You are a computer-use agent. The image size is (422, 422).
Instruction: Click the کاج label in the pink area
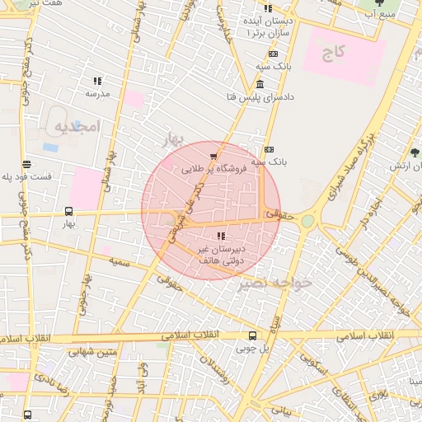(333, 52)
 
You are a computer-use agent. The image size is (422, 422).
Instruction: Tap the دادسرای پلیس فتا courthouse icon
(260, 86)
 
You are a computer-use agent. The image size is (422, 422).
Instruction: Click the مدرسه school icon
(97, 81)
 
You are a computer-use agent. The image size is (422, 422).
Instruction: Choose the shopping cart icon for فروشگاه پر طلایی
(214, 156)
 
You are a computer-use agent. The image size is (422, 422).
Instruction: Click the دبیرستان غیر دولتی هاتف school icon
(218, 237)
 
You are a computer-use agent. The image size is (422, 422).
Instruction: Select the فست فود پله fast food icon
(27, 164)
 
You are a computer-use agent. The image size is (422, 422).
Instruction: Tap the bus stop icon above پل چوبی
(252, 335)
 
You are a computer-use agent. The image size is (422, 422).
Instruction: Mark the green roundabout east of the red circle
(307, 221)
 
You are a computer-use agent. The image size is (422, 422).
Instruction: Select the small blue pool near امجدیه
(50, 148)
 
